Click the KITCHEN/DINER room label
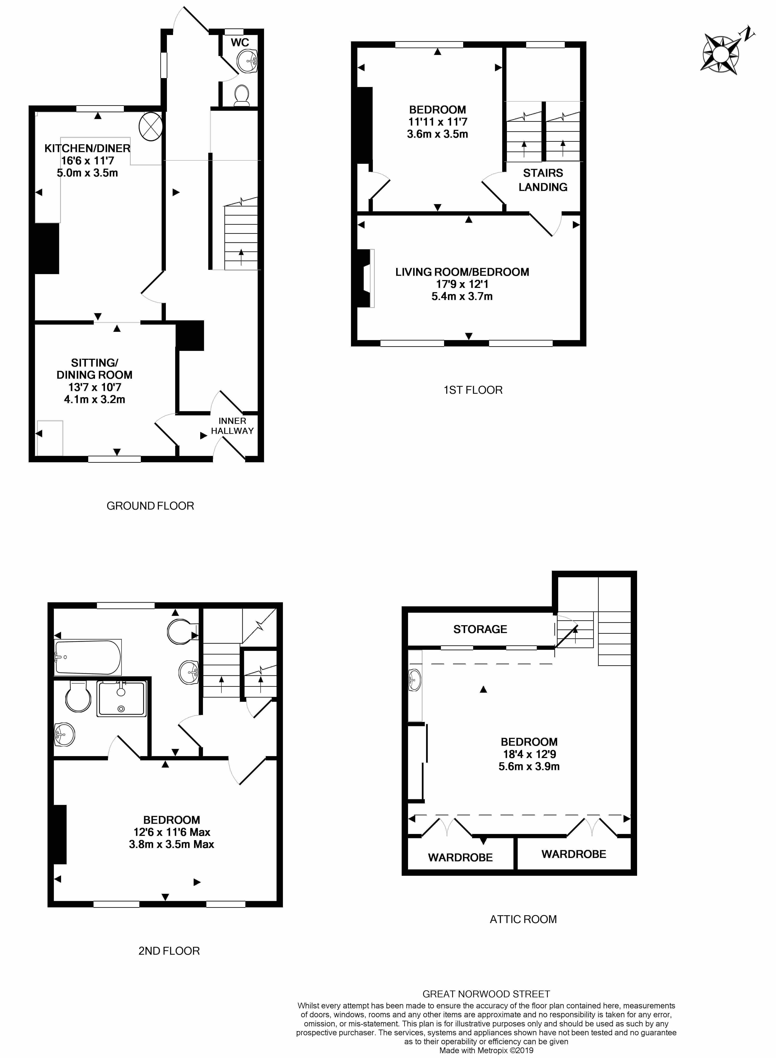87,149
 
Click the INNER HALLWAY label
232,426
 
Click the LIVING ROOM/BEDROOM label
462,272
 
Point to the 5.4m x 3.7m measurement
462,296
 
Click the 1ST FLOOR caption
473,390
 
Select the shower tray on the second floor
122,699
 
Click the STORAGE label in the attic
480,629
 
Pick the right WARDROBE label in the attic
574,854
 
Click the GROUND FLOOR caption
150,506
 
